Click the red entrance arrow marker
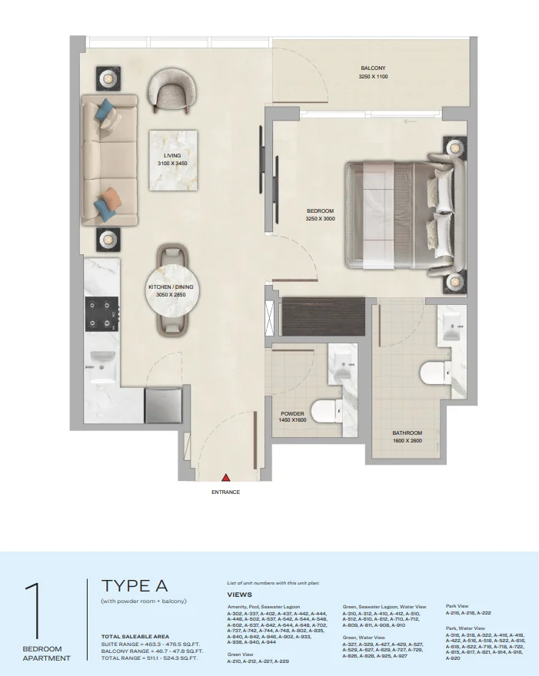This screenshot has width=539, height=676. pos(226,477)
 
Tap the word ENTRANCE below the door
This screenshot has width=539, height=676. pos(226,492)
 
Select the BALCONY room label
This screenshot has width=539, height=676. pos(373,68)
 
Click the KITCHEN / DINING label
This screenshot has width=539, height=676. pos(171,287)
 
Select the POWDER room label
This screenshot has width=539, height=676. pos(292,414)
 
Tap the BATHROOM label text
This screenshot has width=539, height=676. pos(407,433)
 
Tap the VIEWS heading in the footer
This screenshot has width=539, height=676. pos(239,595)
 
